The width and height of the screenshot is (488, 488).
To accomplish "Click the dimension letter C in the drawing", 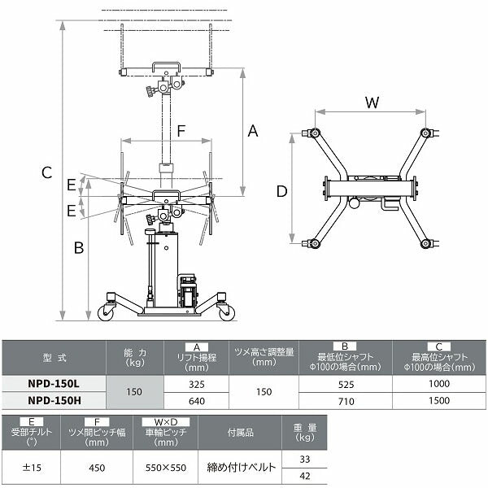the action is pyautogui.click(x=46, y=172).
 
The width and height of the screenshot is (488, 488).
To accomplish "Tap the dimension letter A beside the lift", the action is pyautogui.click(x=253, y=131).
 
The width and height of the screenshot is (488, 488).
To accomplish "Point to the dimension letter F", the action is pyautogui.click(x=181, y=131).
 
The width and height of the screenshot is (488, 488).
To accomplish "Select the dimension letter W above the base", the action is pyautogui.click(x=372, y=102).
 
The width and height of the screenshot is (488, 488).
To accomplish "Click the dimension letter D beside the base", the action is pyautogui.click(x=281, y=191).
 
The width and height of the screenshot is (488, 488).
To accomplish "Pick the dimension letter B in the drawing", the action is pyautogui.click(x=79, y=248).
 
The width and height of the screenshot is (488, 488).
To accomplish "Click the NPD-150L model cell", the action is pyautogui.click(x=54, y=383).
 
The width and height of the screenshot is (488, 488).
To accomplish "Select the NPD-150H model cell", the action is pyautogui.click(x=54, y=400).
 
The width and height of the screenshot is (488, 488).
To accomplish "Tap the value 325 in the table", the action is pyautogui.click(x=196, y=385).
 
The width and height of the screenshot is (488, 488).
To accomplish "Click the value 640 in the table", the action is pyautogui.click(x=196, y=401).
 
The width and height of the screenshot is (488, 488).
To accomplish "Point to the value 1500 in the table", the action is pyautogui.click(x=439, y=400).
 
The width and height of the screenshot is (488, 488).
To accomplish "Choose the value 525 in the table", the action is pyautogui.click(x=346, y=385).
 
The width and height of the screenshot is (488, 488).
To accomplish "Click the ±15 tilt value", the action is pyautogui.click(x=32, y=468).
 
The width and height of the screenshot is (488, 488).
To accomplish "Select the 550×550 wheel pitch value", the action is pyautogui.click(x=166, y=468).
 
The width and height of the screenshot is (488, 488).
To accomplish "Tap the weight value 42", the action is pyautogui.click(x=305, y=476).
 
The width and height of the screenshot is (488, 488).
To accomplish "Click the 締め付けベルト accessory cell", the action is pyautogui.click(x=242, y=467).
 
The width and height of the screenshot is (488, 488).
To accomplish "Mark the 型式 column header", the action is pyautogui.click(x=54, y=358).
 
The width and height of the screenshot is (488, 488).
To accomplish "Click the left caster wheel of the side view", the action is pyautogui.click(x=106, y=313).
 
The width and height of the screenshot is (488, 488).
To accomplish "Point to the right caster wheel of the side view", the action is pyautogui.click(x=227, y=313).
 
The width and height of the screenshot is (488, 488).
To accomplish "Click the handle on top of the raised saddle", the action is pyautogui.click(x=166, y=67).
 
